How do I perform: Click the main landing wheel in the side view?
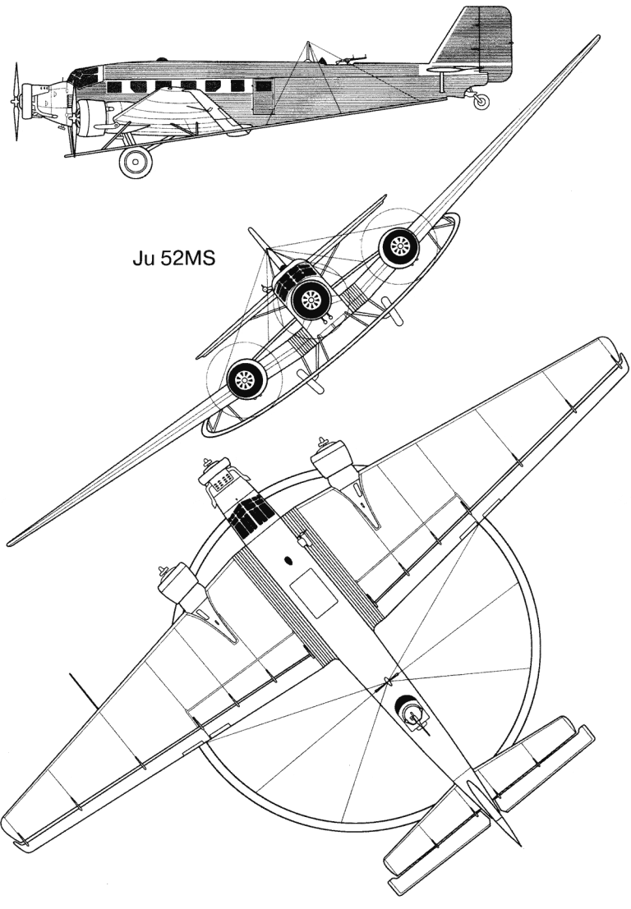[136, 162]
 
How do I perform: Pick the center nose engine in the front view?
[312, 301]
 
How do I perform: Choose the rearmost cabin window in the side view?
[237, 86]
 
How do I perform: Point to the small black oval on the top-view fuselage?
[288, 561]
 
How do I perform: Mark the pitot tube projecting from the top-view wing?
[82, 688]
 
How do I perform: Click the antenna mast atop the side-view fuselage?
[308, 49]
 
